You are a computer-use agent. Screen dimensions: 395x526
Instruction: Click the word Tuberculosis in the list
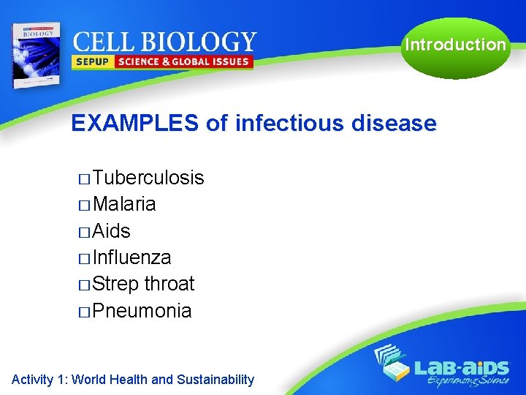pos(148,178)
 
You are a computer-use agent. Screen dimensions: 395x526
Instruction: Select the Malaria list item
pos(124,204)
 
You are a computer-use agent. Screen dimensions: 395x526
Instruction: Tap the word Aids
pos(112,231)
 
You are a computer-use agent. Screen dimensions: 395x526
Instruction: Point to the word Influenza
pos(132,257)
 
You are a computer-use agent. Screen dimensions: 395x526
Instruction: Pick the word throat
pos(169,284)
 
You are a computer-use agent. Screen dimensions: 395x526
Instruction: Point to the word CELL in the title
pos(102,41)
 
